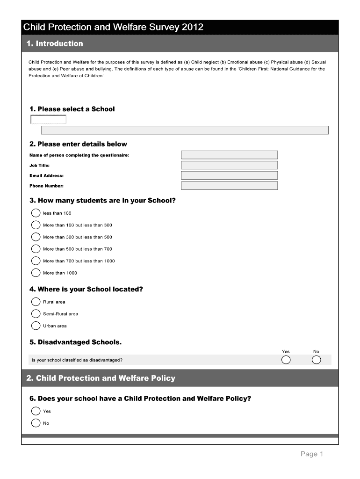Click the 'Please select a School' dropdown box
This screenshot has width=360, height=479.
tap(49, 119)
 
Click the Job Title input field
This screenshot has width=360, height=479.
tap(229, 165)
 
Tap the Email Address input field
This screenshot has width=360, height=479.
tap(229, 175)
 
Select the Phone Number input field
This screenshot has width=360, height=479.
tap(229, 186)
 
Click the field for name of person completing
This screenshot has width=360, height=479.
tap(229, 155)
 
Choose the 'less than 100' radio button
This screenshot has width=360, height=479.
tap(36, 213)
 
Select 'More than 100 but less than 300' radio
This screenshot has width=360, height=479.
tap(36, 225)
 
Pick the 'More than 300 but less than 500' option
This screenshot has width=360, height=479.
tap(36, 237)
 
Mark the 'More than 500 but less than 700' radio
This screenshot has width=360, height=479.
tap(36, 249)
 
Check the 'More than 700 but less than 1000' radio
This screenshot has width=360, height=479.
tap(36, 261)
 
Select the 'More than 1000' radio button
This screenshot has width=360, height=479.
tap(36, 273)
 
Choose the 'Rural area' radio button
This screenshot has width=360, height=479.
tap(36, 302)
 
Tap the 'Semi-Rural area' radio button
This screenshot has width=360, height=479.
tap(36, 314)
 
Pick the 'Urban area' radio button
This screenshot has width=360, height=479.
tap(36, 326)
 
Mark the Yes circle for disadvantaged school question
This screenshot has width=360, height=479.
tap(286, 360)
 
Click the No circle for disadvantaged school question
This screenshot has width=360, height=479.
tap(316, 360)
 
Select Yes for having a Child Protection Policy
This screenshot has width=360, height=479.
tap(36, 411)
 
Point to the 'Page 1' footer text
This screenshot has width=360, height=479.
tap(312, 454)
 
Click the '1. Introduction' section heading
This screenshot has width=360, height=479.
tap(55, 44)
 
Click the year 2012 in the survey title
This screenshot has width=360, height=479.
tap(193, 27)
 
